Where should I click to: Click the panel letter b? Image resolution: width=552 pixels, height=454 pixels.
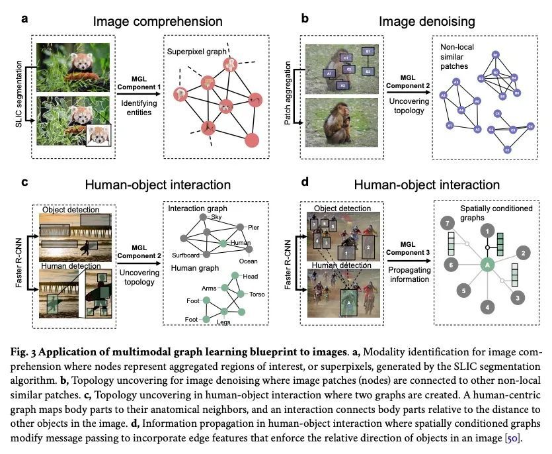[x=305, y=19]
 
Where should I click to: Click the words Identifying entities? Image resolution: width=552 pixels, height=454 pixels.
[x=138, y=109]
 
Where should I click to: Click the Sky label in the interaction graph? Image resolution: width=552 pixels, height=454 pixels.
[x=216, y=216]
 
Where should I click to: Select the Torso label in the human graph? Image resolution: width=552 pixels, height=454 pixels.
[x=257, y=294]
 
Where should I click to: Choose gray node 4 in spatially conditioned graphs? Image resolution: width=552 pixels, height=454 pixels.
[x=487, y=306]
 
